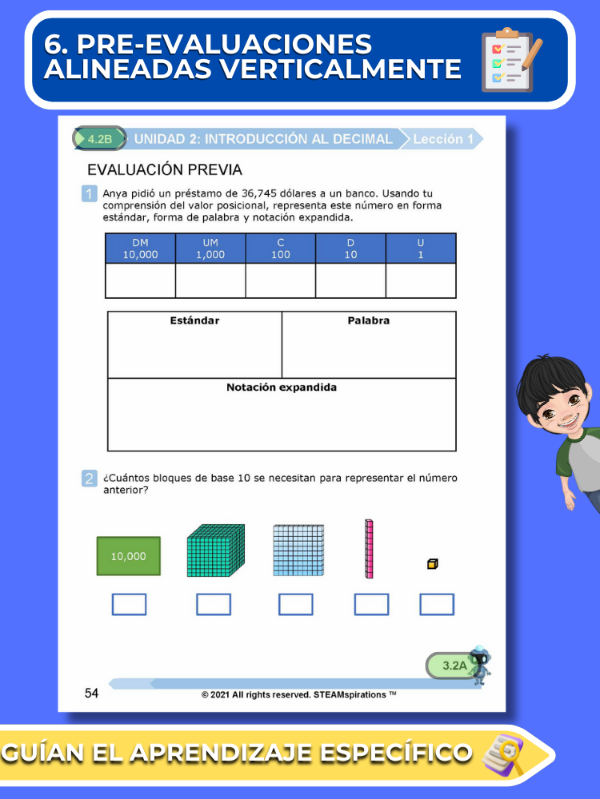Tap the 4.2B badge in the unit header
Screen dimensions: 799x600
click(x=100, y=139)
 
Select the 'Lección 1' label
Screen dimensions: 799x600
click(x=442, y=139)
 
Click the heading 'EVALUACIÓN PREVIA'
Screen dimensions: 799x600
click(x=164, y=170)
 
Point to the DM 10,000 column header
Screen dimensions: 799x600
click(x=140, y=248)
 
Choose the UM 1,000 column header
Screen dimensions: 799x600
click(x=210, y=248)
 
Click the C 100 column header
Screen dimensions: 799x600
click(x=280, y=248)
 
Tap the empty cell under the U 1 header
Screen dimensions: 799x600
click(x=421, y=280)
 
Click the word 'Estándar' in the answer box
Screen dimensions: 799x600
click(x=194, y=320)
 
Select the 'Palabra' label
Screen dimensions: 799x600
click(x=369, y=320)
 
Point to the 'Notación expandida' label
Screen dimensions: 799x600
click(x=282, y=388)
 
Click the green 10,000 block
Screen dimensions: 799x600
click(x=128, y=556)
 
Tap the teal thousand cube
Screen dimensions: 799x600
click(x=215, y=550)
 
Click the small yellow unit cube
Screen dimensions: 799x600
click(x=432, y=564)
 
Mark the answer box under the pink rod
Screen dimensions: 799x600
click(x=371, y=605)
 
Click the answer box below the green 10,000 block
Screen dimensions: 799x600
click(x=129, y=605)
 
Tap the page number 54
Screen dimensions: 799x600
click(x=91, y=694)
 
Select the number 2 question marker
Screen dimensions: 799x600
click(x=90, y=479)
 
